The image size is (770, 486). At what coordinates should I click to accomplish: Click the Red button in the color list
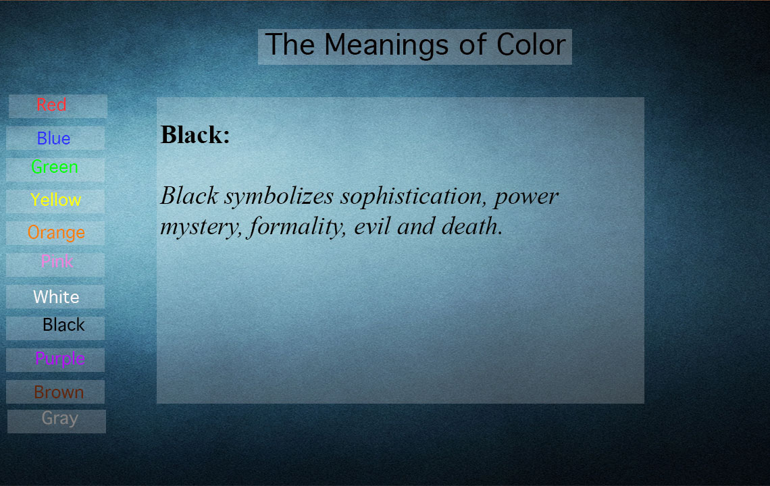[x=58, y=106]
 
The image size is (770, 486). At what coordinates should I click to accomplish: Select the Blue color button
[x=55, y=138]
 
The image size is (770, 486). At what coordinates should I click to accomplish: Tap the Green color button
[x=55, y=169]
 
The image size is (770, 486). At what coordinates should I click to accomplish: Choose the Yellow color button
[x=55, y=201]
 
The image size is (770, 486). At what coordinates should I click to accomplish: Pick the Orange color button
[x=55, y=233]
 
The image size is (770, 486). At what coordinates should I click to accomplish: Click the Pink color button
[x=55, y=265]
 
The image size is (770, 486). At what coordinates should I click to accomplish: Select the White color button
[x=55, y=296]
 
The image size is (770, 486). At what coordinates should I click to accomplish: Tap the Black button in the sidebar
[x=55, y=328]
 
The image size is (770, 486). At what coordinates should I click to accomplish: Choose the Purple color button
[x=55, y=360]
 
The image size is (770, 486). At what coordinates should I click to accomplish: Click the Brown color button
[x=55, y=391]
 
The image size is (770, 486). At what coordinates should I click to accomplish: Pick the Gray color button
[x=57, y=421]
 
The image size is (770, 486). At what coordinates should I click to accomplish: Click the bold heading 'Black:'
[x=195, y=134]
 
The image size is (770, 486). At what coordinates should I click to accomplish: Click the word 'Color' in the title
[x=531, y=45]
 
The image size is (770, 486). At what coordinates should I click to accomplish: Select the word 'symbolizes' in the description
[x=280, y=197]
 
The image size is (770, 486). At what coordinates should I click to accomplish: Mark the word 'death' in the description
[x=472, y=226]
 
